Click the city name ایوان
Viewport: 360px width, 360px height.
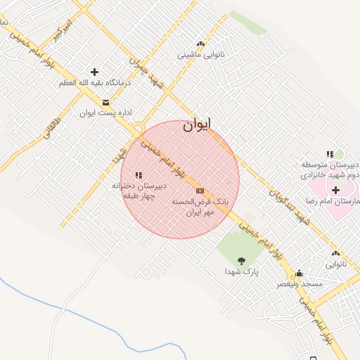click(197, 125)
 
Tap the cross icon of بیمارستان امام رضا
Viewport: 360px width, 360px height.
click(335, 189)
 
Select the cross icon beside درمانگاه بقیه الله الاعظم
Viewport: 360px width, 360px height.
click(94, 72)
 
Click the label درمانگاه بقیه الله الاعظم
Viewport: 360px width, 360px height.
click(95, 83)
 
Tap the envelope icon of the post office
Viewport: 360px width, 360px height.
click(105, 102)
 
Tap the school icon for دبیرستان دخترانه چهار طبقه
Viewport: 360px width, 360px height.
click(139, 175)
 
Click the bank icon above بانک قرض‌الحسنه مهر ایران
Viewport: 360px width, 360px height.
click(200, 191)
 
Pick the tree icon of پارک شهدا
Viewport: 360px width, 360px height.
click(241, 260)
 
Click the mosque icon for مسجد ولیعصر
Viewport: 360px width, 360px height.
click(299, 274)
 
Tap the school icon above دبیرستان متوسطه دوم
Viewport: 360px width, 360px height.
click(329, 154)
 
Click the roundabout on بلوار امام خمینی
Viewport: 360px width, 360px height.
click(135, 130)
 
